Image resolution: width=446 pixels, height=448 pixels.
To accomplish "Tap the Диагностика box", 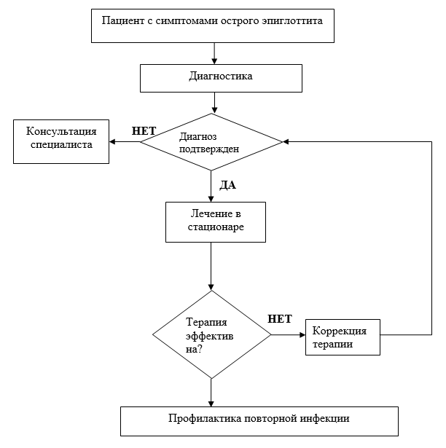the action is point(221,78).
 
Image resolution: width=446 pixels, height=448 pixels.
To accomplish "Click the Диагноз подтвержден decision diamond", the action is point(211,142).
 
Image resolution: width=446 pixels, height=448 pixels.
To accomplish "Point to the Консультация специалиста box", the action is point(61,142).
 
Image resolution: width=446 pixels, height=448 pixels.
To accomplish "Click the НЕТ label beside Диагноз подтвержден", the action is point(144,131).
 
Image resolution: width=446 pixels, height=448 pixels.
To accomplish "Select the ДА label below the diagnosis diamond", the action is point(227,185).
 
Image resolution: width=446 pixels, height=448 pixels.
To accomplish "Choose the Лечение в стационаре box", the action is point(216,222).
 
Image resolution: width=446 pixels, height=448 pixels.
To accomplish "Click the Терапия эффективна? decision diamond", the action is point(211,334).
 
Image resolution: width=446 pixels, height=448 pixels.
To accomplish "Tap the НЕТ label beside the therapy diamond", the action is point(280,319).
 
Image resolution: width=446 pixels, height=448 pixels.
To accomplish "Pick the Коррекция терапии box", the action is point(343,337).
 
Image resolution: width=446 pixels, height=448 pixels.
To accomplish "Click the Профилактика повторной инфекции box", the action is point(259,422).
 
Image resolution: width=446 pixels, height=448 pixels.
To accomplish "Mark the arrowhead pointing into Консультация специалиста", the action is point(112,142).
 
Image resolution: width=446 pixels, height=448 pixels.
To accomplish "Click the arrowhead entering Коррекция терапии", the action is point(302,335).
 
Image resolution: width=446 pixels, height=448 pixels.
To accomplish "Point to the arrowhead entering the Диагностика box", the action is point(214,61).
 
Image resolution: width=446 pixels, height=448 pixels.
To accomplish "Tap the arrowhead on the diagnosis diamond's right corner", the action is point(286,142).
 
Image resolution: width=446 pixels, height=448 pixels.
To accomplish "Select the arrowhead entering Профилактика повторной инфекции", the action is point(211,404).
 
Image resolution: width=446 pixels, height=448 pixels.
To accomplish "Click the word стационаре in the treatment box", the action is point(216,227).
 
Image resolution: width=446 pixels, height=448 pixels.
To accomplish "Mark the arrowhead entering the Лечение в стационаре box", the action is point(211,199).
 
